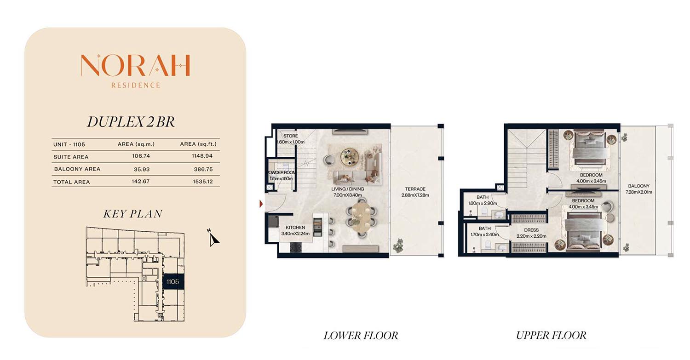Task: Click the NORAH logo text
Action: (135, 65)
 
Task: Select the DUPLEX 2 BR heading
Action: (131, 122)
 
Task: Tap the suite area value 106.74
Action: (141, 156)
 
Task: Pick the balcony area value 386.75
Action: (203, 169)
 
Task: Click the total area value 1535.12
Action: (203, 182)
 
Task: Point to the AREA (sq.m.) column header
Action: (136, 144)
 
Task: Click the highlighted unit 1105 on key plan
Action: (173, 281)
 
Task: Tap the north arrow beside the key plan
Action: (213, 238)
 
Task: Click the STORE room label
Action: (290, 136)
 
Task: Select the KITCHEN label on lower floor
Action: (295, 228)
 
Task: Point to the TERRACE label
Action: (415, 189)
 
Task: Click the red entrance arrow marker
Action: (261, 204)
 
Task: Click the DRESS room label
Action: (531, 230)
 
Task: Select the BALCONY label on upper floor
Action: (639, 186)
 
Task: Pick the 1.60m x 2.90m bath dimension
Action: (483, 203)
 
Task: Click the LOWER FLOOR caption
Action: (361, 335)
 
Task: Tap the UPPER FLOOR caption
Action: (552, 335)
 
